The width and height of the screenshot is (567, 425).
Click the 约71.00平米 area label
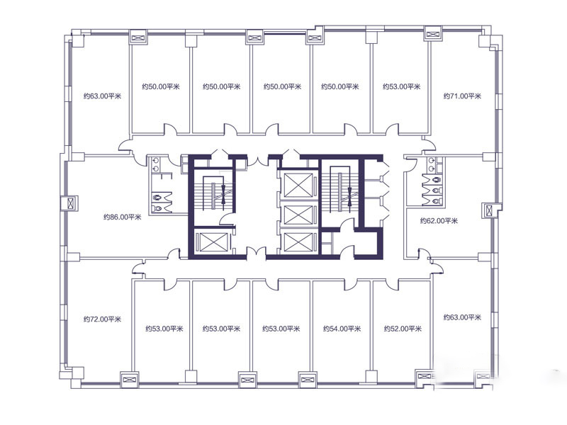462,96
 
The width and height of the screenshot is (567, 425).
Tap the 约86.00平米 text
122,217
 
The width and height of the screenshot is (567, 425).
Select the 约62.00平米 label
439,221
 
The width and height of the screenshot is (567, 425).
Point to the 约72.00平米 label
102,319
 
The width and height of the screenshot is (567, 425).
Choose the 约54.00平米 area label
342,329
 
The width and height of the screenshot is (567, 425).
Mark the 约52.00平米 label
403,329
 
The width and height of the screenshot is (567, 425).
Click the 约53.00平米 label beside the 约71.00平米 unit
402,86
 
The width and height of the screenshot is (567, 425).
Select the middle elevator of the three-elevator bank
298,215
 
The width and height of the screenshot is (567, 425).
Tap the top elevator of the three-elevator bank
298,185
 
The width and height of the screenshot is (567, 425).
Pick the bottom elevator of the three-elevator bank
298,242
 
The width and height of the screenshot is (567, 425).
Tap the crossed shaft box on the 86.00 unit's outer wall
69,203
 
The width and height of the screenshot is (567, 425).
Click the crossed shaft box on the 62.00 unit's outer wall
490,210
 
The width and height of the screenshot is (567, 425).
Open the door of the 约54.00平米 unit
351,285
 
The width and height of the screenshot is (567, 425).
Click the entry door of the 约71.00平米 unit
430,144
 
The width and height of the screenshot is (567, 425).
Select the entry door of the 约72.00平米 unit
138,269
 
